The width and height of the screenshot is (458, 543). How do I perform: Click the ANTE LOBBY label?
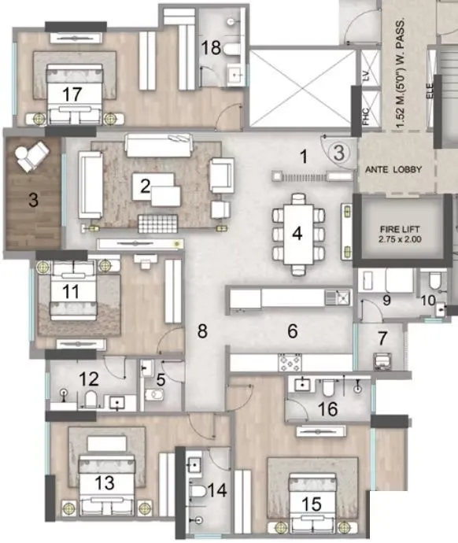[394, 169]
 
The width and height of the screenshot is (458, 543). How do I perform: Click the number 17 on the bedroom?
[72, 94]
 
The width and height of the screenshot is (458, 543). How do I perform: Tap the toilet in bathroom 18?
[231, 49]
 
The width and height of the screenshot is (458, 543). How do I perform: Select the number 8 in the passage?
[202, 331]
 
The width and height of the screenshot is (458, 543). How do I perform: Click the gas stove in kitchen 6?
[289, 362]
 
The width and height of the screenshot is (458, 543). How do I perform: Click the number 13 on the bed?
[105, 482]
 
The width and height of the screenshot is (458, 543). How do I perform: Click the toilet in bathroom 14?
[198, 491]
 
